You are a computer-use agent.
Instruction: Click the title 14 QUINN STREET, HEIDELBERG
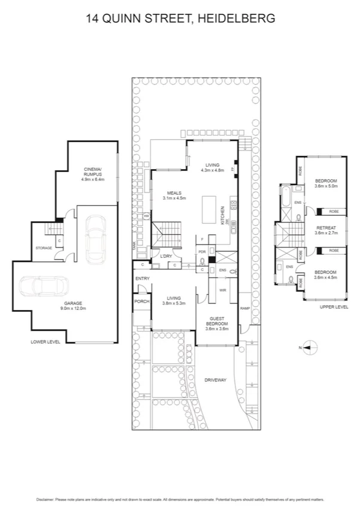(180, 19)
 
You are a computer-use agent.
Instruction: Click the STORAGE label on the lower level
(43, 248)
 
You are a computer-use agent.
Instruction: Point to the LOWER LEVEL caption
(46, 342)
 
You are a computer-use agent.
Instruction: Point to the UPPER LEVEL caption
(334, 306)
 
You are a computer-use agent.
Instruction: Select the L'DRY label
(166, 257)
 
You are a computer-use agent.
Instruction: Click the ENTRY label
(142, 279)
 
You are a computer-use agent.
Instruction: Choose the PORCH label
(142, 302)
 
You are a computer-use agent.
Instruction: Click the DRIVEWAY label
(215, 380)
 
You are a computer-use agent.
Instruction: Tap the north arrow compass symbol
(307, 345)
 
